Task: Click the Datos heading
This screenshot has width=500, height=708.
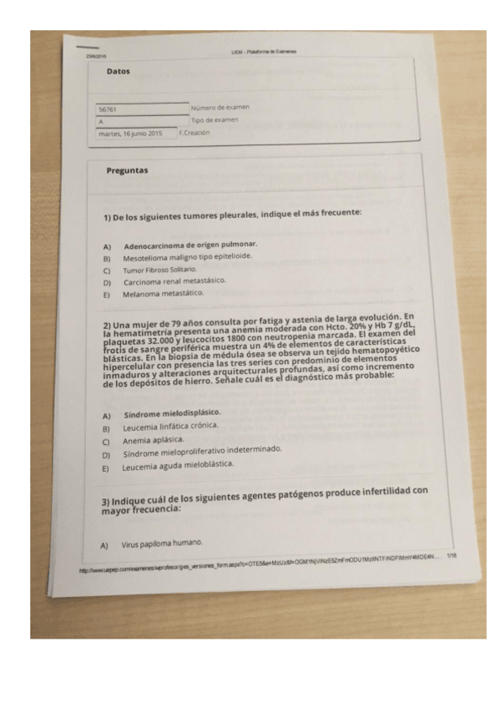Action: pos(119,72)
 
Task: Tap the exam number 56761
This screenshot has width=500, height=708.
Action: pos(108,109)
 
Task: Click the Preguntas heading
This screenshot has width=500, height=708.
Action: pos(127,170)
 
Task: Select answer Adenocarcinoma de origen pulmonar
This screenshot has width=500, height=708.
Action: pos(189,245)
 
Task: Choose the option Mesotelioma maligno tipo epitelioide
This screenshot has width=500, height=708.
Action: pos(187,258)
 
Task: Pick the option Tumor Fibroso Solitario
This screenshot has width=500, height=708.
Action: pos(159,271)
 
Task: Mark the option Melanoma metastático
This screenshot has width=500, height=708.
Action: pos(163,294)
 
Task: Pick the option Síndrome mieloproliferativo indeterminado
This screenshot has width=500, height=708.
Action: pos(202,452)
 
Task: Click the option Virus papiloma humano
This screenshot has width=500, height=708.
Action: pos(162,544)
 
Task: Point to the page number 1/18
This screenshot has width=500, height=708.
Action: pos(452,554)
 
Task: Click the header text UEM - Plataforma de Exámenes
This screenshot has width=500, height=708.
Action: pos(264,52)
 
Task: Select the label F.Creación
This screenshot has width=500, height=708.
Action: pos(194,132)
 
